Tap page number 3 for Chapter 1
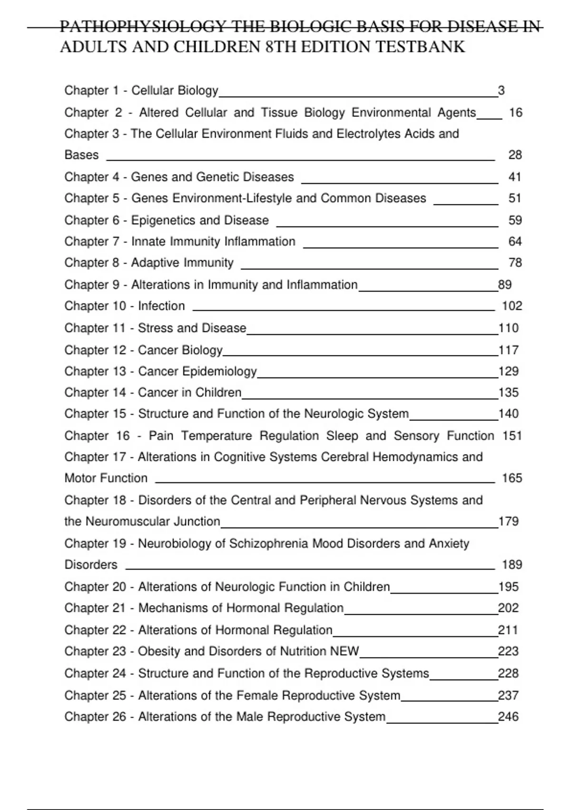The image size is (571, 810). [501, 91]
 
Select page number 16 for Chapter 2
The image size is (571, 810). [515, 113]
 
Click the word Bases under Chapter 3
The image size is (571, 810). [81, 155]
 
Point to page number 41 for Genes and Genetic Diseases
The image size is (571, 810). [515, 177]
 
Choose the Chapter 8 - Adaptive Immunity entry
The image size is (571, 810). [149, 263]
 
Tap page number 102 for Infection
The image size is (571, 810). [512, 306]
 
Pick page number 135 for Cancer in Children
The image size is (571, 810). [508, 393]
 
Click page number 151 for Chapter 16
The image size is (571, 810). [512, 436]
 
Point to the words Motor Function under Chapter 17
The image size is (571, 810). [106, 478]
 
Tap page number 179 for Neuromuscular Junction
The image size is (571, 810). [508, 521]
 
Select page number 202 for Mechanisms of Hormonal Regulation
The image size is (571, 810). [508, 608]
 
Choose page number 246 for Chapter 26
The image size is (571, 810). [508, 717]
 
